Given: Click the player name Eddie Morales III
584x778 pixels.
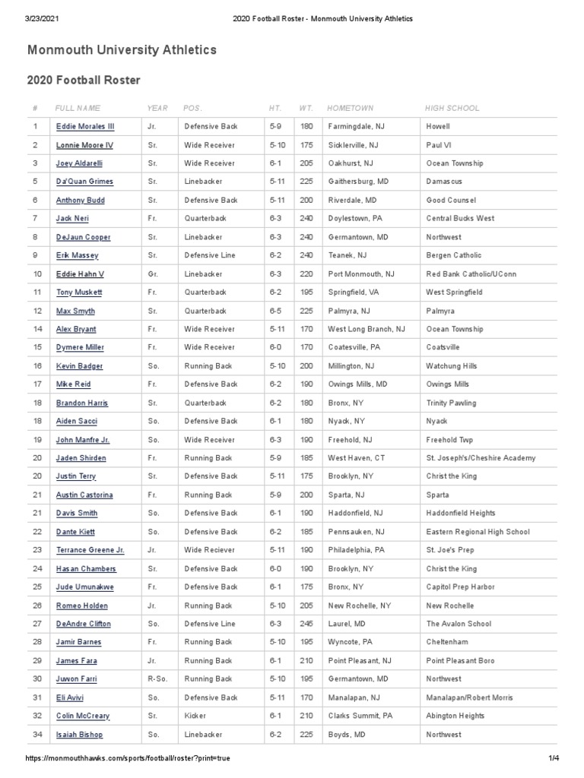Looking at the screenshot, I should pyautogui.click(x=85, y=127).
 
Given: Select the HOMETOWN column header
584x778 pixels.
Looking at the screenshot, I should pyautogui.click(x=350, y=109).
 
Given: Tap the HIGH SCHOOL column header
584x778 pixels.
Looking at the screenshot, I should pyautogui.click(x=452, y=109).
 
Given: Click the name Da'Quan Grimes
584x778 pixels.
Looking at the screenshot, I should pyautogui.click(x=84, y=182).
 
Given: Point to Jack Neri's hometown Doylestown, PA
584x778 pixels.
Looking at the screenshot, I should pyautogui.click(x=355, y=219).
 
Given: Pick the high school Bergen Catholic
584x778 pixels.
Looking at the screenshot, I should pyautogui.click(x=454, y=255).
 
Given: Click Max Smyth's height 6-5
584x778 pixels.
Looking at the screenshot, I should pyautogui.click(x=275, y=311).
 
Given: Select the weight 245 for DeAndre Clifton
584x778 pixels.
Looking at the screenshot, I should pyautogui.click(x=306, y=624).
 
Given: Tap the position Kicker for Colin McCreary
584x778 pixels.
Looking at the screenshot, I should pyautogui.click(x=196, y=716).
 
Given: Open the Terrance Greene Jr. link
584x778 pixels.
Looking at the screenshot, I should pyautogui.click(x=90, y=550).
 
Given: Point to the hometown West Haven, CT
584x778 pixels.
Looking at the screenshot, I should pyautogui.click(x=357, y=458).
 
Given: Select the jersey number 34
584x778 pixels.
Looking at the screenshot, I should pyautogui.click(x=36, y=735).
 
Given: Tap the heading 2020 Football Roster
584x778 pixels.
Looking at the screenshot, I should pyautogui.click(x=84, y=80).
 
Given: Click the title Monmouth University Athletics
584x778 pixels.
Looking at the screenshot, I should pyautogui.click(x=122, y=50).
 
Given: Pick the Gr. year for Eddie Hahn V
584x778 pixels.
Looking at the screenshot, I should pyautogui.click(x=153, y=274).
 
